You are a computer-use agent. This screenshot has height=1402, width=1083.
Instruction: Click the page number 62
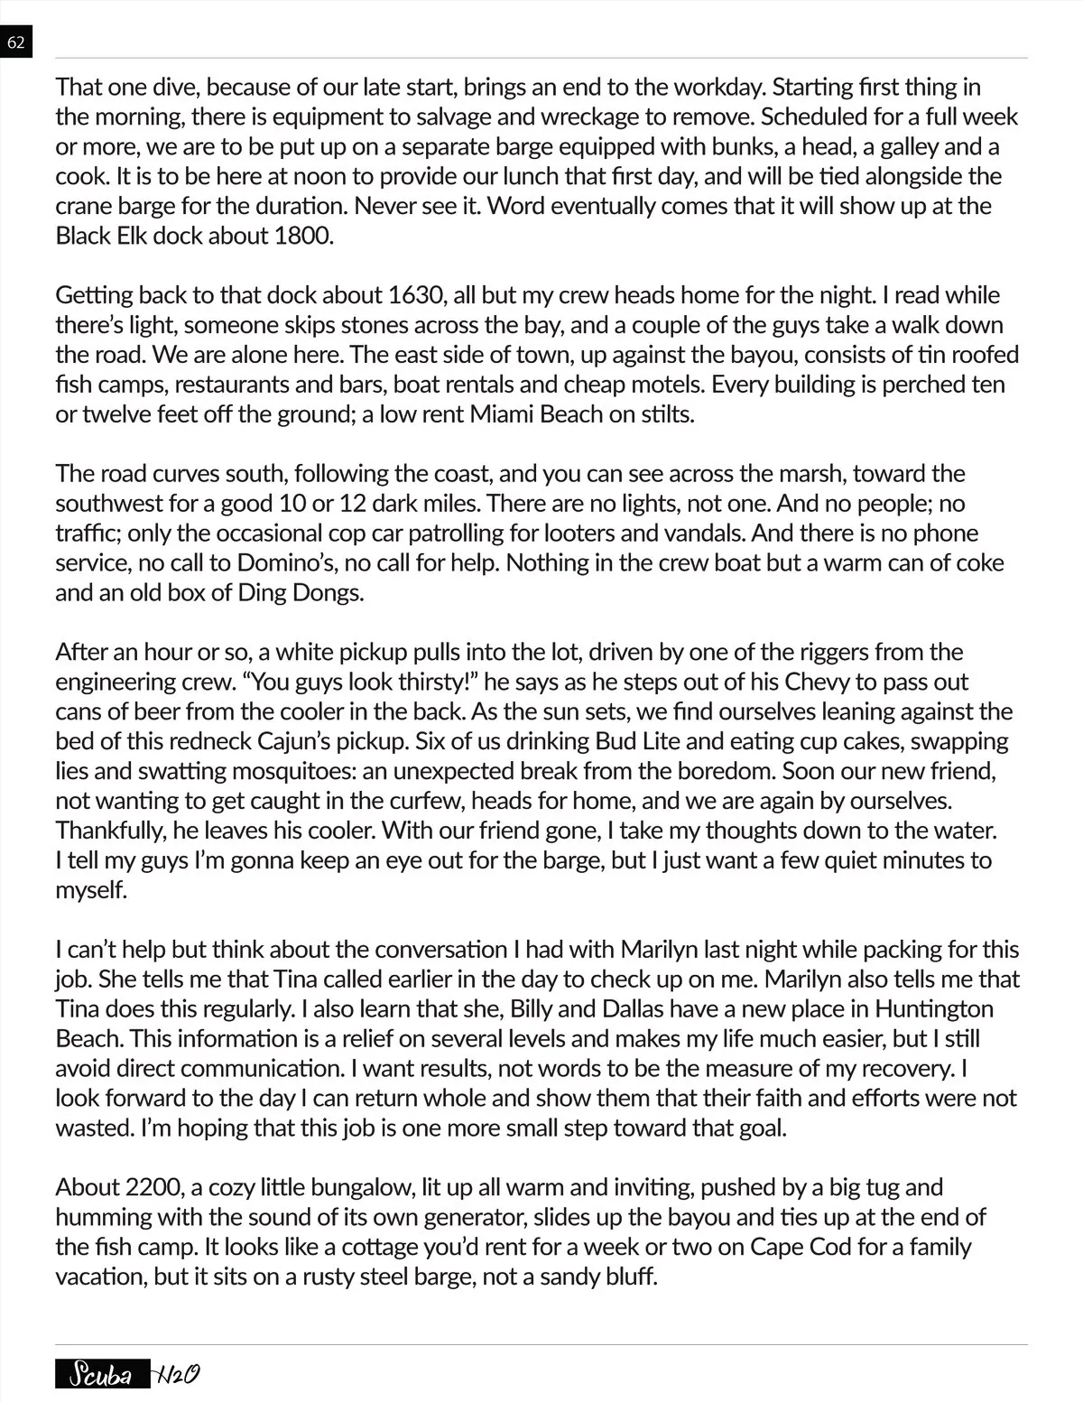pyautogui.click(x=16, y=42)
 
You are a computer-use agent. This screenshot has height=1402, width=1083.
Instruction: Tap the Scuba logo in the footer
pyautogui.click(x=101, y=1376)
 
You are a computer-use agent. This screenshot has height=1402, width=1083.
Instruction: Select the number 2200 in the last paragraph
pyautogui.click(x=158, y=1187)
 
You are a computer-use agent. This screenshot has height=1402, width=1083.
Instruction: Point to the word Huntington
pyautogui.click(x=934, y=1008)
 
